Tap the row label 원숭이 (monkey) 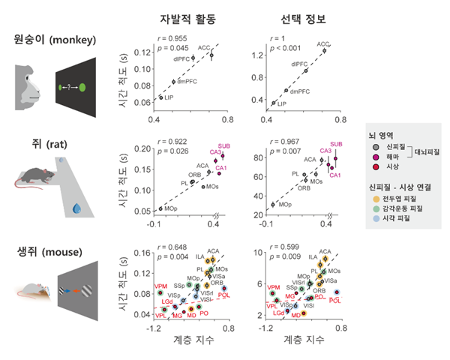coord(55,40)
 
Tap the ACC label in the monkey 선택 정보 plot coord(323,44)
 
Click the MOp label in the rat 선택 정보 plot coord(283,204)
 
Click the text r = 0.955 coord(172,35)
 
